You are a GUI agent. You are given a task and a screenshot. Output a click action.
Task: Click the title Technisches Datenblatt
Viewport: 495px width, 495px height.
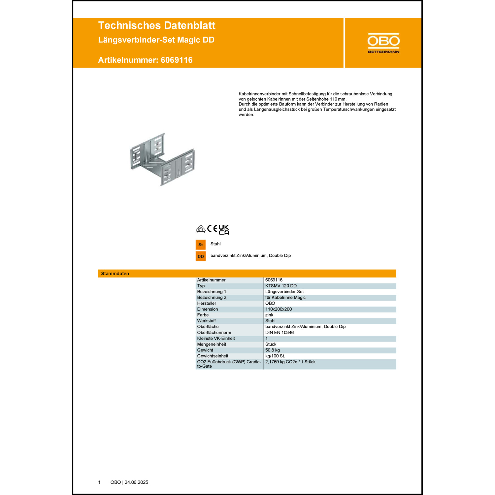(x=157, y=25)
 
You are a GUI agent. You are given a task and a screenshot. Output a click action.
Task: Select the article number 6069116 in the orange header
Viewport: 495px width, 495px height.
(x=177, y=60)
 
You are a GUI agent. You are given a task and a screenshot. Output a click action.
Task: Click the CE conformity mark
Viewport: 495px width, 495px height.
(x=212, y=228)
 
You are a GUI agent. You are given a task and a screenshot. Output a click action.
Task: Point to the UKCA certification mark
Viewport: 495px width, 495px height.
(x=224, y=230)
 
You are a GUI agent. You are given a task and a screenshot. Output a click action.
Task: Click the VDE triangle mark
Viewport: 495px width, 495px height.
(x=201, y=229)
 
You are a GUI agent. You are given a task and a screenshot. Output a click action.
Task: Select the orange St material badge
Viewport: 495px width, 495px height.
(x=201, y=245)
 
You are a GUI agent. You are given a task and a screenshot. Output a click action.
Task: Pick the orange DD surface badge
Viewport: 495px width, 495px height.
(x=201, y=256)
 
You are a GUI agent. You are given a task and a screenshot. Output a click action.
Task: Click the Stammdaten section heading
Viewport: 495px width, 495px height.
(x=115, y=274)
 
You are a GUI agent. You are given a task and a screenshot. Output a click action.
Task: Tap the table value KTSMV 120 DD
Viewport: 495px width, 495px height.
(x=281, y=286)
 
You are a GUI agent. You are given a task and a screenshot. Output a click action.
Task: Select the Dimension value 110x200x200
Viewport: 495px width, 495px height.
(x=279, y=309)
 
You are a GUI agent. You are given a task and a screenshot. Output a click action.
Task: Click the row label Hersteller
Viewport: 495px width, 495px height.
(x=207, y=303)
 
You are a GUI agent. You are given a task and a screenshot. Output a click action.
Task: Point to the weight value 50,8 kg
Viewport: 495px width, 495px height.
(x=273, y=350)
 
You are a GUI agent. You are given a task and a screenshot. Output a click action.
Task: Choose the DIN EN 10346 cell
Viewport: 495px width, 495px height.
(x=280, y=333)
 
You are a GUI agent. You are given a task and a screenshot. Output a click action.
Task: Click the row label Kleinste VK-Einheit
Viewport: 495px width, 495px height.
(x=216, y=338)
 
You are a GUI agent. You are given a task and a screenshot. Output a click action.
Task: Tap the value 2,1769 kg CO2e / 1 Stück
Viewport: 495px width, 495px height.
(x=290, y=362)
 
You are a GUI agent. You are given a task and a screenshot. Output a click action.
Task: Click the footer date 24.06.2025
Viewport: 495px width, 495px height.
(x=136, y=482)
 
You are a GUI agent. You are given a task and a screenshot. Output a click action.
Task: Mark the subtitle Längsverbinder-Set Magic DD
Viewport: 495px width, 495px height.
(x=156, y=40)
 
